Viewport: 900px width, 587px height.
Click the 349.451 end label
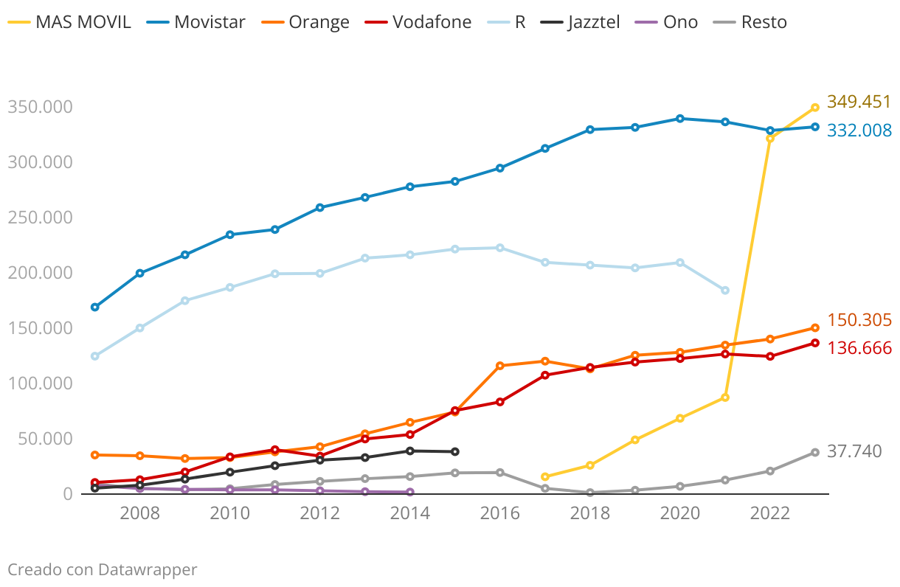click(x=859, y=102)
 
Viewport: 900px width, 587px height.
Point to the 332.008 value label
click(x=859, y=131)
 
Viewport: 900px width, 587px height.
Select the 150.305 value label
click(x=859, y=320)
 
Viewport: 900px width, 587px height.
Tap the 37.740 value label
click(x=854, y=451)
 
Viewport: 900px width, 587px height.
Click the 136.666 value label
click(x=859, y=348)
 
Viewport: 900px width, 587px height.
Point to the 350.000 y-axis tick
click(x=40, y=107)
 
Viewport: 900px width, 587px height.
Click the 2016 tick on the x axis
click(x=499, y=513)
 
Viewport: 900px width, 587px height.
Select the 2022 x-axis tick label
click(x=770, y=513)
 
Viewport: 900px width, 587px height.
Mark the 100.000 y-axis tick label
click(x=40, y=383)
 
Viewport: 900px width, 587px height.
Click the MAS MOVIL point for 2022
click(x=770, y=139)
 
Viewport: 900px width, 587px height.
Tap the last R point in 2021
click(x=725, y=291)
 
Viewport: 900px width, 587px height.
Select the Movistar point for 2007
click(x=95, y=307)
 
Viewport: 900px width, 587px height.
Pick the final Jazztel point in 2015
click(x=455, y=451)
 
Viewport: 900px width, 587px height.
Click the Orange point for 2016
click(x=500, y=366)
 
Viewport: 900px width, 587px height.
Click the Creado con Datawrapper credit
click(x=103, y=569)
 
